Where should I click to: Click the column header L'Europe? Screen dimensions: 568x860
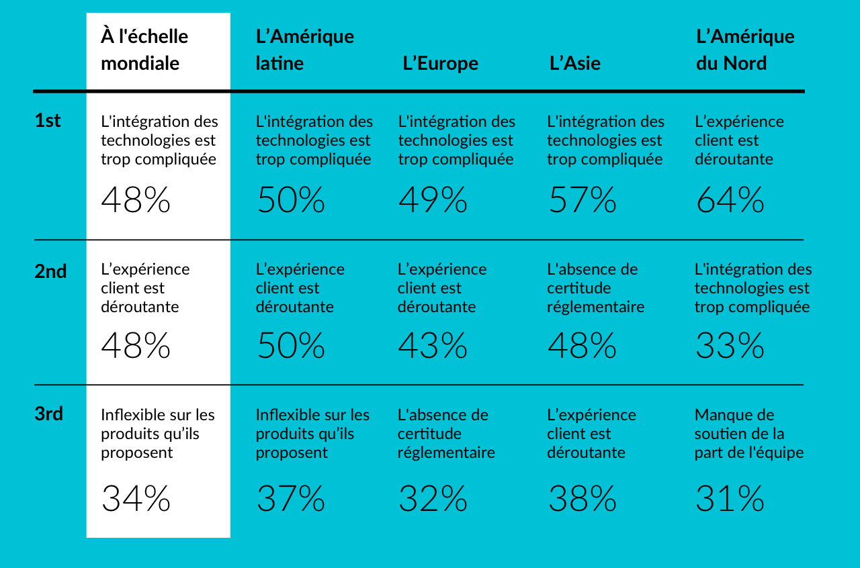440,64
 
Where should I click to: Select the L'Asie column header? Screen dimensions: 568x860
574,64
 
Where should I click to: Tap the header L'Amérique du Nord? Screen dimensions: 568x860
744,50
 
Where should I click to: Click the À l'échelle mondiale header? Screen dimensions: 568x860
144,50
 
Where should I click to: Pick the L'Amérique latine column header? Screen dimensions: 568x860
304,50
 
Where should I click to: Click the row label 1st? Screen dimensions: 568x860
48,121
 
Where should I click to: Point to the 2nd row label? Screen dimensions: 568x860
50,271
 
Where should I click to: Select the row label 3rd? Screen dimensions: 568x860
49,414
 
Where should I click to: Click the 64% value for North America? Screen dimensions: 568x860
730,200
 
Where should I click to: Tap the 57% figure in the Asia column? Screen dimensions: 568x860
582,200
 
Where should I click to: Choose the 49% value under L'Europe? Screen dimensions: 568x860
433,200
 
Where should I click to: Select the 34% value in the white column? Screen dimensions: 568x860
136,499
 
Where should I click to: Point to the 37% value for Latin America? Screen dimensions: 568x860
291,499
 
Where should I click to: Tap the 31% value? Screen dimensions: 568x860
730,499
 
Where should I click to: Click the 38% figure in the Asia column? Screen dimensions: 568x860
582,499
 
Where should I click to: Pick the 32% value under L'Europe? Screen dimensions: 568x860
433,499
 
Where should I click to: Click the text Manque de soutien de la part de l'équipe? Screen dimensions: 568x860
748,434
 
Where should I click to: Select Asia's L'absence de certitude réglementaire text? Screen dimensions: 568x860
595,288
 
